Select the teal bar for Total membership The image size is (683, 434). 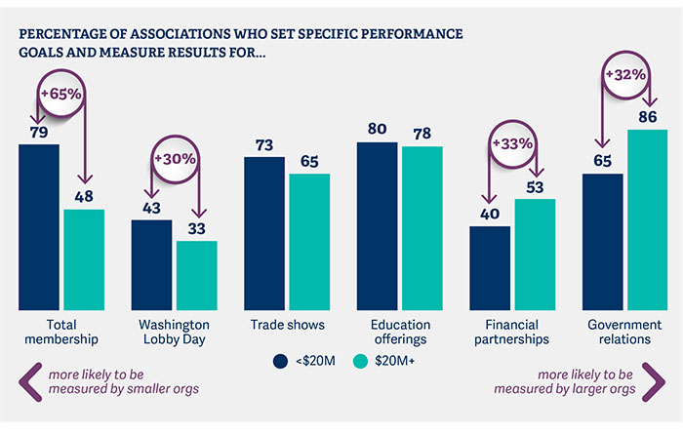click(x=84, y=258)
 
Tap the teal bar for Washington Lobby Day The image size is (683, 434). click(x=196, y=274)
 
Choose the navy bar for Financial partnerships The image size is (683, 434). click(x=490, y=267)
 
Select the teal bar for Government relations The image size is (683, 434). click(x=647, y=219)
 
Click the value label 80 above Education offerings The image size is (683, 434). click(x=377, y=128)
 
